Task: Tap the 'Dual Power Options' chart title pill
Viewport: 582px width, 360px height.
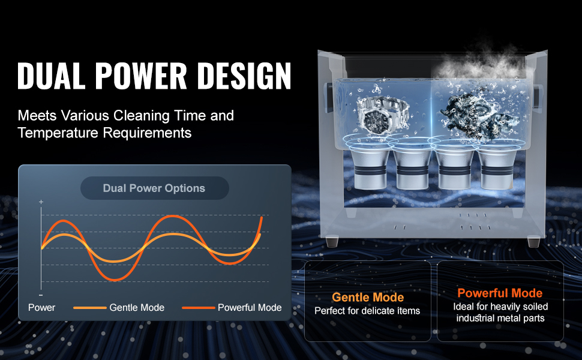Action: point(154,188)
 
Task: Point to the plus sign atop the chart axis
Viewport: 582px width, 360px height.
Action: point(41,202)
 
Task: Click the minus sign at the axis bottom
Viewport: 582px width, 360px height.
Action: point(41,295)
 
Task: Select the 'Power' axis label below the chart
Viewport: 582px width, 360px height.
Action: point(41,307)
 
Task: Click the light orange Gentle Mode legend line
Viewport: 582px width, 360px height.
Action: point(90,308)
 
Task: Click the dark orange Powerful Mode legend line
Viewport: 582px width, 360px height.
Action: point(199,308)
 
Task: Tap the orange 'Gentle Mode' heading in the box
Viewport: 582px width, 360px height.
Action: point(368,297)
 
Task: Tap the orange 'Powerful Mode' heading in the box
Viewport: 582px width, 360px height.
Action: point(500,293)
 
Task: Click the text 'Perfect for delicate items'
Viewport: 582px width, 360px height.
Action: point(367,311)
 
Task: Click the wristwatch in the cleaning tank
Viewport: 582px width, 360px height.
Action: point(382,116)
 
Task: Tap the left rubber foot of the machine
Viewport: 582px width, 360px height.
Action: point(333,241)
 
